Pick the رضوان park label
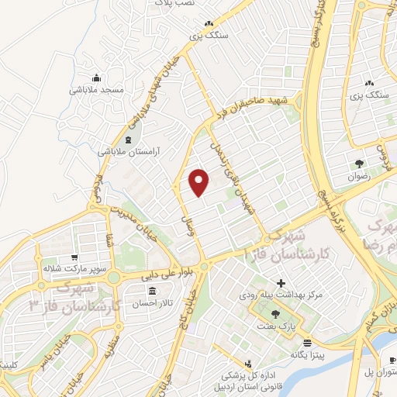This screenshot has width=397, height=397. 361,176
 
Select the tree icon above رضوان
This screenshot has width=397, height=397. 361,164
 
